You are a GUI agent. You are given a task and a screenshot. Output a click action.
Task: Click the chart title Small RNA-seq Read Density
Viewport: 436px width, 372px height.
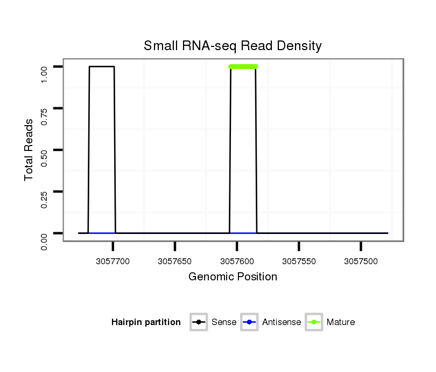233,46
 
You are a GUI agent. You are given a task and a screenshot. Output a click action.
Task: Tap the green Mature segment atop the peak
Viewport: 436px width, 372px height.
243,66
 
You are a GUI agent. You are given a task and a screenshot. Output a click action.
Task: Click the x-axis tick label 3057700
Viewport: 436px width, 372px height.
113,261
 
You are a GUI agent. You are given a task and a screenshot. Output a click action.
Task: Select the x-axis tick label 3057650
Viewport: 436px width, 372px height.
175,261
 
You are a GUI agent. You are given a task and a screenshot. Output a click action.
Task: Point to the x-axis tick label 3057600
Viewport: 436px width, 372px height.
237,261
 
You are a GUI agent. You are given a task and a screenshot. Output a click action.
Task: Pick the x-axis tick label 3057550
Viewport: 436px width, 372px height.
299,261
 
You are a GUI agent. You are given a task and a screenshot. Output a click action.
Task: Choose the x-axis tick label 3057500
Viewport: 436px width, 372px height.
361,261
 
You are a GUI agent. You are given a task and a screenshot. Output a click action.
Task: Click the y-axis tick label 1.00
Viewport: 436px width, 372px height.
45,67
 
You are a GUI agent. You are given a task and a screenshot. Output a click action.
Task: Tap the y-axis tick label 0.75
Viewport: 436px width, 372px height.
45,108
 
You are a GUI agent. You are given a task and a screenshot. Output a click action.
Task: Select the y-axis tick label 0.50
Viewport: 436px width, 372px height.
45,150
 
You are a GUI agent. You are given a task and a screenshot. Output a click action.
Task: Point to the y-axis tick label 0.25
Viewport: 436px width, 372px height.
45,191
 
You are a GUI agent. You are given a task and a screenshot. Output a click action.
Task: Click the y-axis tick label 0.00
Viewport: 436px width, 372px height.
45,233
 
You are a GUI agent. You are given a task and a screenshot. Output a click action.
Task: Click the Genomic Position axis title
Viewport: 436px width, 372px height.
233,277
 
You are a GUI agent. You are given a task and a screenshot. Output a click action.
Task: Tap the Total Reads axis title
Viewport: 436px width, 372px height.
29,150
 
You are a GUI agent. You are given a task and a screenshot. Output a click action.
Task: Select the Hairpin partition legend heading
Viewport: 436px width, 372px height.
146,322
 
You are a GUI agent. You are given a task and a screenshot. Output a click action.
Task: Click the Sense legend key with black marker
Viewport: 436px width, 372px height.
199,322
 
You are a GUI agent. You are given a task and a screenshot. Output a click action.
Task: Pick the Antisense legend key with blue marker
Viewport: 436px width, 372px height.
250,322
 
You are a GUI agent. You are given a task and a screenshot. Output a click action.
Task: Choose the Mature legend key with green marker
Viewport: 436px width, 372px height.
314,322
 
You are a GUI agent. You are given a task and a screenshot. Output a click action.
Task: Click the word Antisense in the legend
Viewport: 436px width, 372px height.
282,322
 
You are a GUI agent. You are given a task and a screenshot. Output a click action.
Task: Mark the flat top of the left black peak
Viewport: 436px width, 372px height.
102,66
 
